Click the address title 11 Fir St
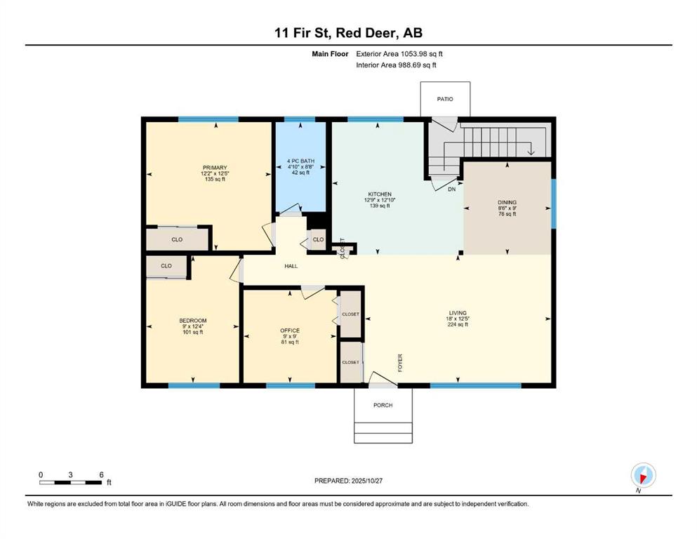click(x=348, y=33)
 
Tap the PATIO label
click(x=444, y=99)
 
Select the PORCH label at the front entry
click(x=383, y=406)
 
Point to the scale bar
click(x=71, y=482)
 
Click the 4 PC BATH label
click(x=300, y=167)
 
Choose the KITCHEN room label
click(x=379, y=194)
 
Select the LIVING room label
click(x=458, y=313)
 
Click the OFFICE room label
click(x=289, y=331)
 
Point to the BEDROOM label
click(x=192, y=321)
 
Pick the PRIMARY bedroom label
click(x=215, y=167)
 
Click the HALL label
click(x=291, y=267)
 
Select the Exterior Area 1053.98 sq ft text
click(x=399, y=53)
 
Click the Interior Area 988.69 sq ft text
click(x=396, y=65)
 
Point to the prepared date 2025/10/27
click(x=349, y=481)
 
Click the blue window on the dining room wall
click(x=553, y=204)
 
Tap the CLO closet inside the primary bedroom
click(x=177, y=239)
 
